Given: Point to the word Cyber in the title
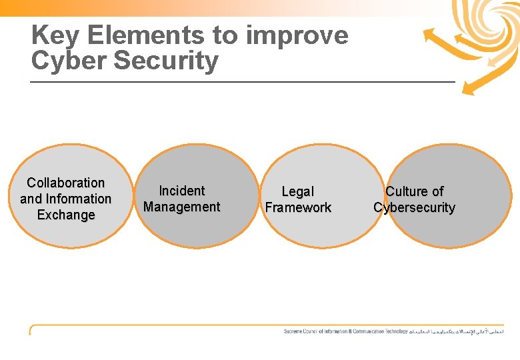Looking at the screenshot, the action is (69, 61).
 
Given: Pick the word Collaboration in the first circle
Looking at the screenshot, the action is (66, 183).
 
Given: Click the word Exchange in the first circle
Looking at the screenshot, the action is (66, 215).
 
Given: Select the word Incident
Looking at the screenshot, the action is (181, 191).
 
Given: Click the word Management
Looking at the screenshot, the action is (181, 207).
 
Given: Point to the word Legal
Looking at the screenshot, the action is (297, 192).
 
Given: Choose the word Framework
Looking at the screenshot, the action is (297, 207).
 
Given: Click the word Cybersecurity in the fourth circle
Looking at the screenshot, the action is (414, 208).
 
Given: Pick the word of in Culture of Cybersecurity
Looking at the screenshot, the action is (437, 192).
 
